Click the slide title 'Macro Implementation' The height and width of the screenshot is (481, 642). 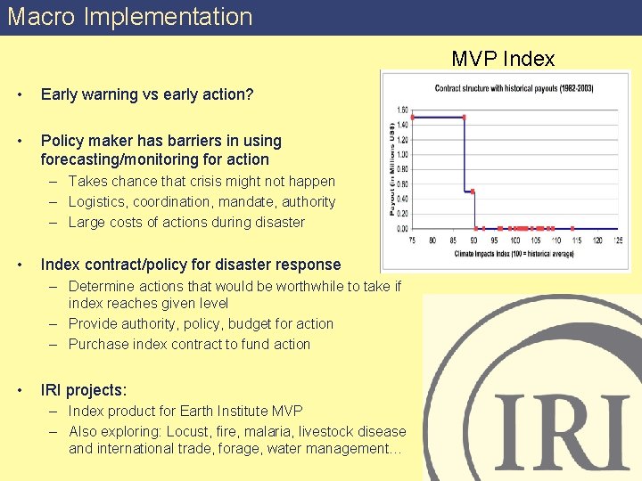tap(130, 17)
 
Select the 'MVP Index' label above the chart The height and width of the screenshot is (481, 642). tap(503, 60)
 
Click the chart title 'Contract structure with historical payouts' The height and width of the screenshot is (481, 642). tap(514, 88)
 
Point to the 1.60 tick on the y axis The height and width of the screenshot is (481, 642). tap(401, 110)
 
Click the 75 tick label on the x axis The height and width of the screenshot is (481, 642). tap(411, 240)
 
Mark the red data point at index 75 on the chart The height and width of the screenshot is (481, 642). tap(412, 117)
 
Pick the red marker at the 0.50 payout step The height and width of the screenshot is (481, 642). tap(473, 191)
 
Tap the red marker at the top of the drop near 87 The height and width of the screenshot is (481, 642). tap(464, 117)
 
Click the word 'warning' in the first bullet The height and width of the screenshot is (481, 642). tap(111, 94)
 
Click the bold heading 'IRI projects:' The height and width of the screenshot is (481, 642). tap(84, 390)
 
